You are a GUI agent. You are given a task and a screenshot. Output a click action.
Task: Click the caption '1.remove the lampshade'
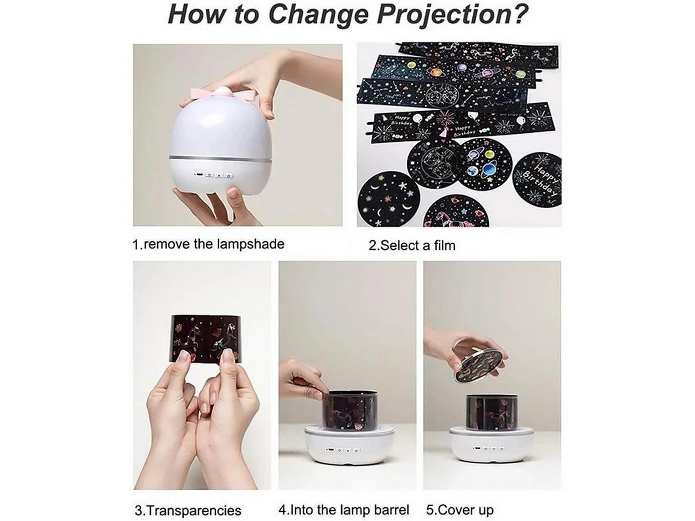pyautogui.click(x=208, y=244)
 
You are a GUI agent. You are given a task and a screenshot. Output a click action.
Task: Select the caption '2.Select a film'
pyautogui.click(x=412, y=245)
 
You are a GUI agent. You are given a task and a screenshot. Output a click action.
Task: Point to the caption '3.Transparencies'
pyautogui.click(x=188, y=510)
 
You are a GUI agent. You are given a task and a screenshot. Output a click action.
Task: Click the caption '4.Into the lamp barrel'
pyautogui.click(x=344, y=509)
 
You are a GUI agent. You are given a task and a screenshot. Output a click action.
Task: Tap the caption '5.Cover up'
pyautogui.click(x=460, y=509)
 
